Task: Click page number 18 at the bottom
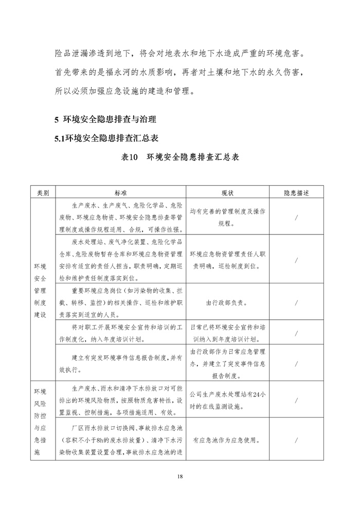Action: [x=179, y=477]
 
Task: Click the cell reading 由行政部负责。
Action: [x=227, y=303]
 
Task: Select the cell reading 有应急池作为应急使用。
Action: [x=227, y=440]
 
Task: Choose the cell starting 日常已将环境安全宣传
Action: [x=227, y=333]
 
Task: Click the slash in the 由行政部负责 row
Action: [x=297, y=303]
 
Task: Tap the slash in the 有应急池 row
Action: [x=297, y=440]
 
